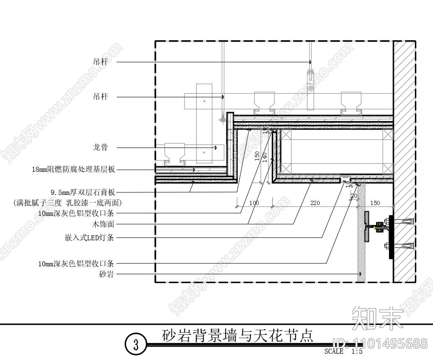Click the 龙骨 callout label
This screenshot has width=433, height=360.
[100, 147]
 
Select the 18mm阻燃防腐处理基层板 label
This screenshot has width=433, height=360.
[73, 170]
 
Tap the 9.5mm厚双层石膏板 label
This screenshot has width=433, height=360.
[83, 193]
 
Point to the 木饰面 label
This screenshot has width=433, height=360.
[104, 225]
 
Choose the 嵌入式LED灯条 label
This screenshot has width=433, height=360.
[87, 238]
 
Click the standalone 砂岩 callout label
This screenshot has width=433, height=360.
[106, 275]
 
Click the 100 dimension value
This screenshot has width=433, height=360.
[254, 203]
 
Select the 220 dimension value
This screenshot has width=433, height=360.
[315, 203]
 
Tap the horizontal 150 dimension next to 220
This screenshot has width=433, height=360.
[375, 203]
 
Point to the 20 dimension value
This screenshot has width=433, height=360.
[354, 196]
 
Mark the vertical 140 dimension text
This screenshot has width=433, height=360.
[265, 157]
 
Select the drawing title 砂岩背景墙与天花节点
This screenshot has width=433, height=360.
[237, 336]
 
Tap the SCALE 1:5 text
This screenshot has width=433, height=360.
[343, 352]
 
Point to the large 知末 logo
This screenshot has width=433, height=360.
[377, 317]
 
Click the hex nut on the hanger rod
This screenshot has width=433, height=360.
[310, 89]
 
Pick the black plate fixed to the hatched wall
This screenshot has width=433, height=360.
[391, 237]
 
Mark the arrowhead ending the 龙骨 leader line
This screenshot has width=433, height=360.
[216, 147]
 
